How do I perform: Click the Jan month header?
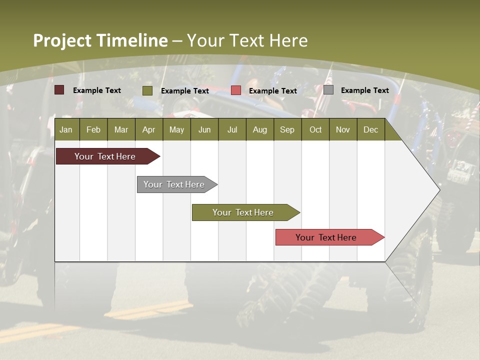coord(66,129)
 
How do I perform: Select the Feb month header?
coord(93,129)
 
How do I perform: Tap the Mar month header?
coord(121,129)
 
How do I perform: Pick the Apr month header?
coord(149,129)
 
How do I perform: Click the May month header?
coord(176,129)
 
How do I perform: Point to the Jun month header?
coord(204,129)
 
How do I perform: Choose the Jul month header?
coord(232,129)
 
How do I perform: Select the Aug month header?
coord(260,129)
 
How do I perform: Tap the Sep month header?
coord(287,129)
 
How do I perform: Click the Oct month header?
coord(315,129)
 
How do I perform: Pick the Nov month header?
coord(343,129)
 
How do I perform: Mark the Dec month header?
coord(370,129)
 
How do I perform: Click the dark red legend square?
coord(59,90)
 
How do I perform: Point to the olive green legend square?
coord(147,90)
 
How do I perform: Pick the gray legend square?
coord(328,90)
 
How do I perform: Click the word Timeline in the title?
coord(131,40)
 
